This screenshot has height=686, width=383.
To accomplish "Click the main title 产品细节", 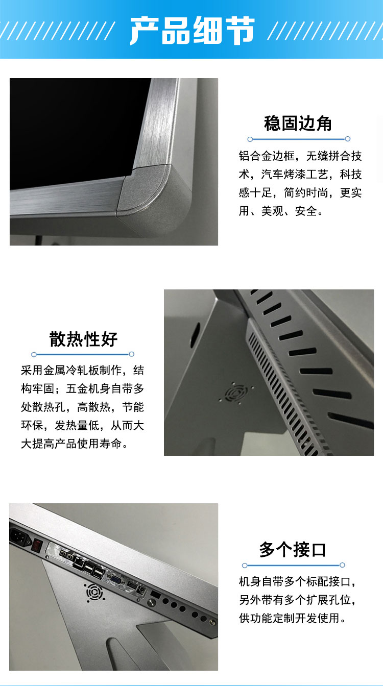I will [x=192, y=30].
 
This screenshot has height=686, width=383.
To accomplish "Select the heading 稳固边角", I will [x=298, y=124].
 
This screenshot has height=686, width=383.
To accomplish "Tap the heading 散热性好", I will [x=83, y=339].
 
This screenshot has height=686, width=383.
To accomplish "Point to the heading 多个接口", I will [x=293, y=550].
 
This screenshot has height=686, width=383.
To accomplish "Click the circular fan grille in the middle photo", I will [x=235, y=394].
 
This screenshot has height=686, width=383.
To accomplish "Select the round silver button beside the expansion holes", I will [x=151, y=602].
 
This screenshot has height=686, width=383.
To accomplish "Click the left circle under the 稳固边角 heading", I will [x=250, y=139].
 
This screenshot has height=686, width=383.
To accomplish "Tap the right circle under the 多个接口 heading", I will [x=343, y=565].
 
